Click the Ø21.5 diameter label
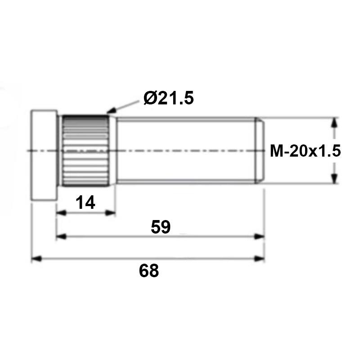tap(168, 98)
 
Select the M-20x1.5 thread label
tap(305, 151)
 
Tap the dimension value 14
tap(85, 202)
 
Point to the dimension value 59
tap(161, 227)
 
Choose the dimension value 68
tap(149, 271)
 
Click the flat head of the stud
tap(44, 155)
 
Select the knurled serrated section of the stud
tap(85, 151)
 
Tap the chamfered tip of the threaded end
tap(260, 151)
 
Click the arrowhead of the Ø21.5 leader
tap(111, 111)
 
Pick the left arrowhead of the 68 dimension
tap(36, 259)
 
